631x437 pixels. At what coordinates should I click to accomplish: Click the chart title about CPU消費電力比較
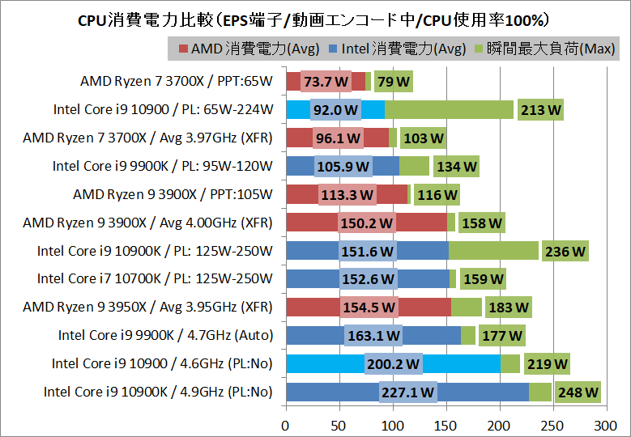click(314, 18)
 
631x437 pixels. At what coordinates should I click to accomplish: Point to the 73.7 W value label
click(326, 82)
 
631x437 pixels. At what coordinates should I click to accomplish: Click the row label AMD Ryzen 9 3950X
click(147, 308)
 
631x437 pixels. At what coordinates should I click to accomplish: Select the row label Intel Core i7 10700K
click(155, 279)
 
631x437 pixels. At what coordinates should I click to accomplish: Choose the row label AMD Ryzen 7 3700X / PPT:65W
click(177, 82)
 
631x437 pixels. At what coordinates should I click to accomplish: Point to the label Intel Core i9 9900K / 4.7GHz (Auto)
click(165, 336)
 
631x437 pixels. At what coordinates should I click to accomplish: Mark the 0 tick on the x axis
click(286, 424)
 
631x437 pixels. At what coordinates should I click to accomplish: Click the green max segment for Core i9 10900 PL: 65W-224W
click(449, 109)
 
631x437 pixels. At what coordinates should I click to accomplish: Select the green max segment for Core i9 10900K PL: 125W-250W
click(493, 251)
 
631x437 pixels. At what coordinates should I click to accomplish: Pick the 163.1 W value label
click(373, 336)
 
